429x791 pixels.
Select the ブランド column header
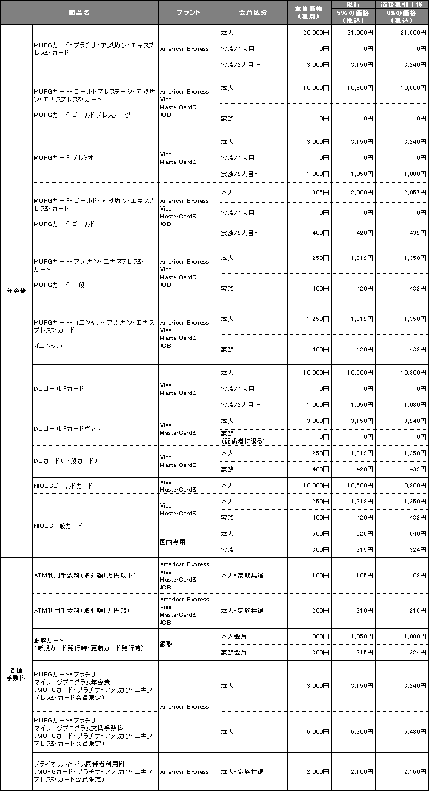(x=189, y=12)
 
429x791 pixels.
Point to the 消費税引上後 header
(x=402, y=5)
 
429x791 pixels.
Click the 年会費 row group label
(x=16, y=291)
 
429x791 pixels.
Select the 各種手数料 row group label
(x=16, y=673)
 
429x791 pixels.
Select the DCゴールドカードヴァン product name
(x=67, y=429)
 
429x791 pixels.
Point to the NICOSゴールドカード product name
(x=64, y=486)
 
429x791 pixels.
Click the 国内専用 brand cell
(x=172, y=542)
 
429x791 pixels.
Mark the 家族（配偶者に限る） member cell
(x=243, y=437)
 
